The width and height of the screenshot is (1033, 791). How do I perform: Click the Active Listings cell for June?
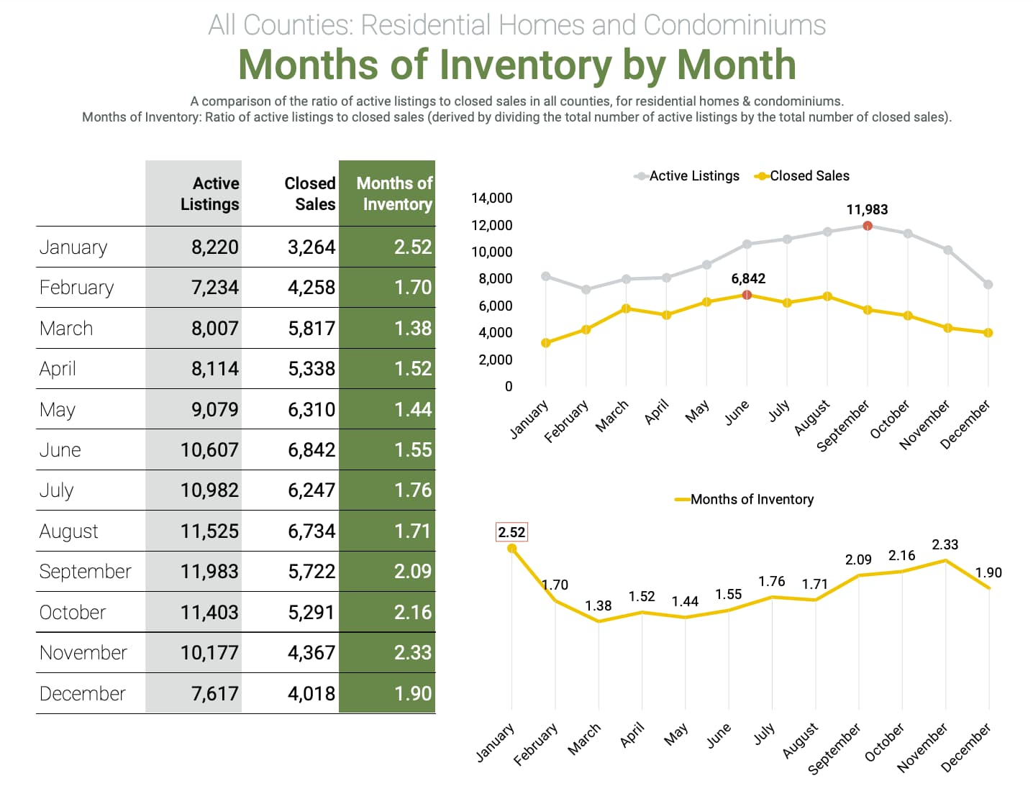tap(209, 450)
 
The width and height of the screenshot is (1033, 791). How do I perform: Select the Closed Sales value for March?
tap(311, 329)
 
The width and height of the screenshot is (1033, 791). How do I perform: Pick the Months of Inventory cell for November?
tap(412, 653)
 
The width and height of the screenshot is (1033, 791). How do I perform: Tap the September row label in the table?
tap(85, 572)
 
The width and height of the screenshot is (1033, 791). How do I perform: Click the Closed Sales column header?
tap(310, 193)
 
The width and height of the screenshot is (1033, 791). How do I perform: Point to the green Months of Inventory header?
tap(394, 193)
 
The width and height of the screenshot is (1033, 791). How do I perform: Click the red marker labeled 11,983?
tap(868, 226)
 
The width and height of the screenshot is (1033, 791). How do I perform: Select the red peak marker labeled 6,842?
tap(747, 295)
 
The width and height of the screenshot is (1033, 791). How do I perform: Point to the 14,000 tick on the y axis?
tap(492, 198)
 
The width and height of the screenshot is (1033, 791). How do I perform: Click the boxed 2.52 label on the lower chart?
tap(511, 532)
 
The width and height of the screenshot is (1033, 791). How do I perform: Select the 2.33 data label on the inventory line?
tap(945, 545)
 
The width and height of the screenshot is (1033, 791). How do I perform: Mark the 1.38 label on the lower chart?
tap(598, 605)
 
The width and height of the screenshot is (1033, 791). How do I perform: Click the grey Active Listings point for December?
tap(988, 285)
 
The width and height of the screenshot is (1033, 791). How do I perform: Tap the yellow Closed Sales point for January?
tap(546, 343)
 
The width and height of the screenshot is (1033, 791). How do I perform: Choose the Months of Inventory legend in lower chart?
tap(751, 500)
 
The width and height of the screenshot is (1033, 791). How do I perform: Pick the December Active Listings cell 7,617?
tap(214, 694)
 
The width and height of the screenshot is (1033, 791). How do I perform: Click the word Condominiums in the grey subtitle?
tap(734, 25)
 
